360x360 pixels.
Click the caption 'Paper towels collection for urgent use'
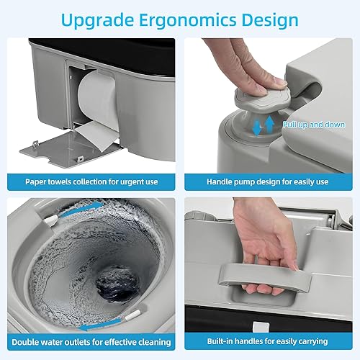tap(90, 181)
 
